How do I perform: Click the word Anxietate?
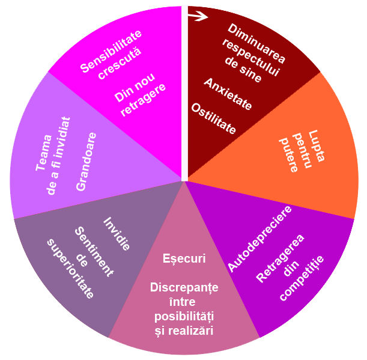point(228,94)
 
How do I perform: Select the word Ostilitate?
point(213,118)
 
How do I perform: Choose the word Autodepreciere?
point(259,238)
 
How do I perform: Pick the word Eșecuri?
point(184,258)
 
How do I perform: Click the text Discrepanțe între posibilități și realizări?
point(184,309)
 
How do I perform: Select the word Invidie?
point(117,233)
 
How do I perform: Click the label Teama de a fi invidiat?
point(53,156)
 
